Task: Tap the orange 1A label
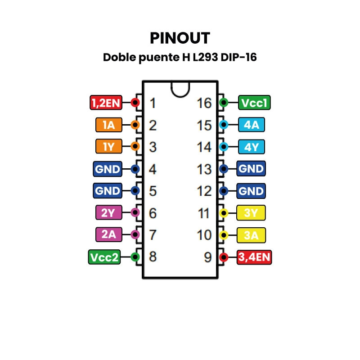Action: click(x=108, y=125)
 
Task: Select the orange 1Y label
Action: click(x=108, y=147)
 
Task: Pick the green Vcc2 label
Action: click(x=104, y=257)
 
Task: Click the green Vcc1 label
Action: click(x=254, y=103)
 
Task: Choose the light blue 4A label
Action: click(x=252, y=125)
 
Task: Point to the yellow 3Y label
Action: click(x=252, y=212)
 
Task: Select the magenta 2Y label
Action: click(x=108, y=212)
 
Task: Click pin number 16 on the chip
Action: click(x=204, y=103)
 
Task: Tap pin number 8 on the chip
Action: click(x=153, y=257)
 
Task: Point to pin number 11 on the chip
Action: click(x=204, y=213)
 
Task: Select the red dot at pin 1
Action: click(x=135, y=103)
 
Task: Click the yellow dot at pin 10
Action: click(x=223, y=234)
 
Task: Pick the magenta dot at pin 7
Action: click(x=135, y=234)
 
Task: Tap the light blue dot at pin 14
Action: click(x=223, y=147)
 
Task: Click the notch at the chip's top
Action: click(x=180, y=88)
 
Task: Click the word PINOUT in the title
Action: click(x=180, y=38)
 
